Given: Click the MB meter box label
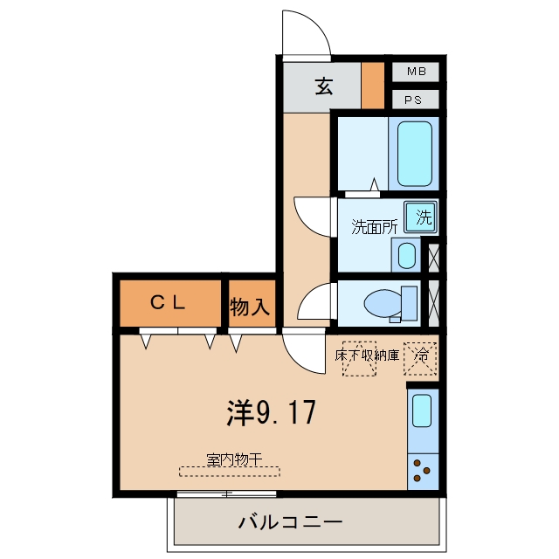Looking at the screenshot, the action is tap(417, 72).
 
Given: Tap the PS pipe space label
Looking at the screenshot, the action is tap(413, 100).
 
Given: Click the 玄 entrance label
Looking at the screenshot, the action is tap(324, 86).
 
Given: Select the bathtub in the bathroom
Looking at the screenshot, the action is tap(415, 154).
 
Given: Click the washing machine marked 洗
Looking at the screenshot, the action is tap(421, 217).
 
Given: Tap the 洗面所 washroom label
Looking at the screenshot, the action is tap(375, 227).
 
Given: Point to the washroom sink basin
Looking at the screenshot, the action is tap(406, 255).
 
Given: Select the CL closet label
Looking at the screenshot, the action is tap(168, 303).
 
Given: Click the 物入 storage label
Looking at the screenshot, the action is tap(250, 307).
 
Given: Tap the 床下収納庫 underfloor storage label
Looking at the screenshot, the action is tap(367, 355).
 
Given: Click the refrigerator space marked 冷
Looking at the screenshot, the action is tap(420, 359).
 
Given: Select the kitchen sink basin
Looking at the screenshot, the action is tap(422, 411).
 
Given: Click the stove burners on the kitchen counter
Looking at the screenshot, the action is tap(421, 470).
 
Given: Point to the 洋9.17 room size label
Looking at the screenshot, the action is tap(272, 412).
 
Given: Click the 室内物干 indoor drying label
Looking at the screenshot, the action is tap(234, 460).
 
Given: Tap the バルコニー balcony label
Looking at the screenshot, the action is tap(291, 522).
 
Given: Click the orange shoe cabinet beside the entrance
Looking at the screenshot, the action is tap(373, 86).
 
